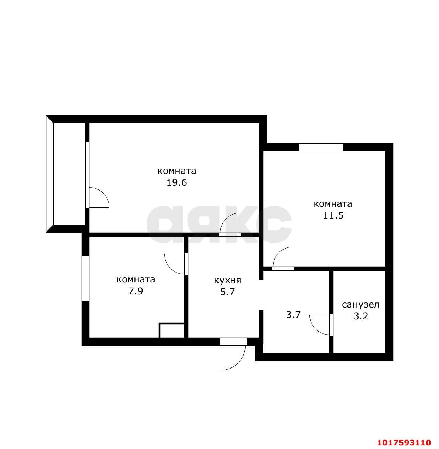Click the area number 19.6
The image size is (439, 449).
[x=176, y=183]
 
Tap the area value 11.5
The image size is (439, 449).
[x=333, y=215]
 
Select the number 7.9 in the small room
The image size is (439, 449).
[x=136, y=291]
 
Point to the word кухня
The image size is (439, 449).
[x=227, y=281]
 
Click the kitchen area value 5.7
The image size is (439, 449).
[x=227, y=292]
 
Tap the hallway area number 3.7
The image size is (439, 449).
[x=293, y=315]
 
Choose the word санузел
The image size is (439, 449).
[x=361, y=305]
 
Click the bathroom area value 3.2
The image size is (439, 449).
[x=361, y=316]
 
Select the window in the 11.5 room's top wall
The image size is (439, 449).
[x=321, y=147]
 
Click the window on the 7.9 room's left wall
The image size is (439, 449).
[x=85, y=278]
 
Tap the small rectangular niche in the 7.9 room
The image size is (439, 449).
[x=172, y=330]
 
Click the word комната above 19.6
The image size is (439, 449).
[x=177, y=171]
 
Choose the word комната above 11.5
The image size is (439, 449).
[x=333, y=204]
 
